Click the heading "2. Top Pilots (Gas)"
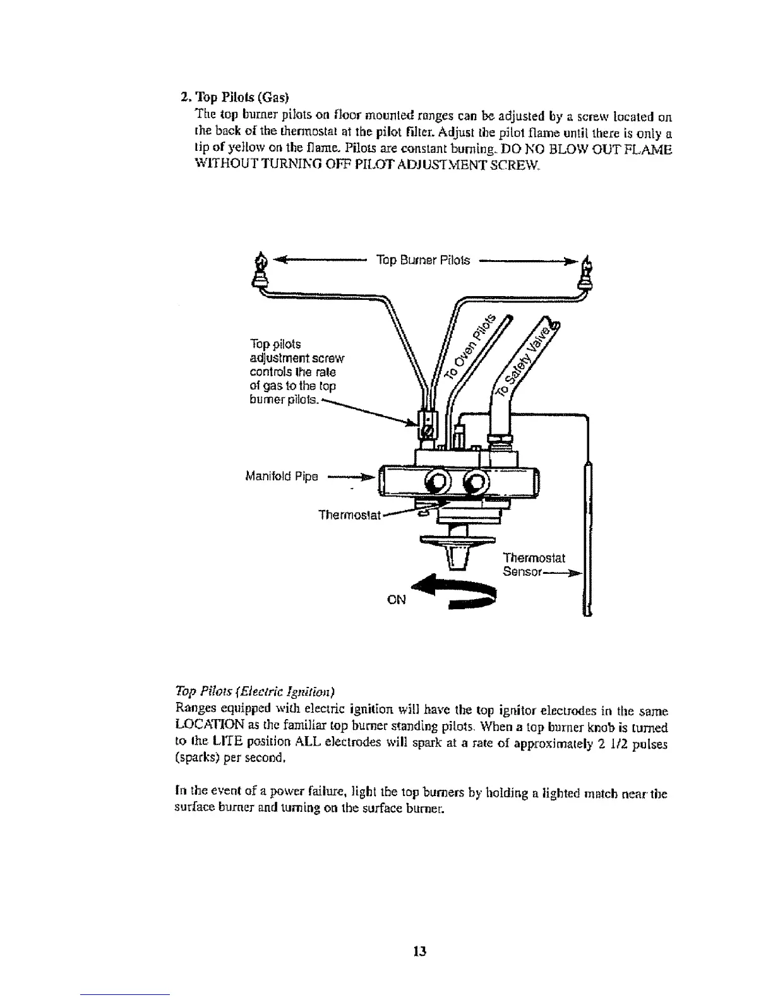[234, 98]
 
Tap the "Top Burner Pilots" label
[422, 260]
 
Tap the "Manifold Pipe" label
[281, 476]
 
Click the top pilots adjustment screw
[428, 433]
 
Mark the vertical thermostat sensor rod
[588, 537]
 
